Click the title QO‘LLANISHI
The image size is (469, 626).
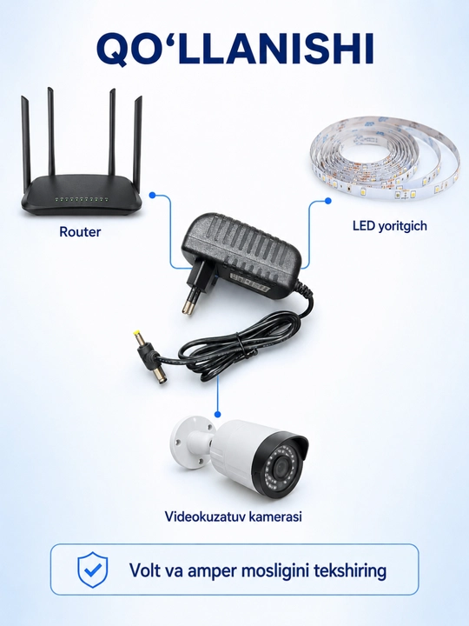click(x=235, y=49)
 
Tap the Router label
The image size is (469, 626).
click(x=80, y=231)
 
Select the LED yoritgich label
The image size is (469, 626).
click(x=390, y=226)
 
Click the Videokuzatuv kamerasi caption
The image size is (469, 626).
click(x=234, y=516)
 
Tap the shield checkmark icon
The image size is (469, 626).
click(x=93, y=569)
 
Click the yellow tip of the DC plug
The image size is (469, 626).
click(x=137, y=332)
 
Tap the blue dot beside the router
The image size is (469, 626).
click(x=152, y=196)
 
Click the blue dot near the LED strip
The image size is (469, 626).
click(x=327, y=201)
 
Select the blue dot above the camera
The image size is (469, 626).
click(x=217, y=415)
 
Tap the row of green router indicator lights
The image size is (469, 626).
click(x=82, y=198)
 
